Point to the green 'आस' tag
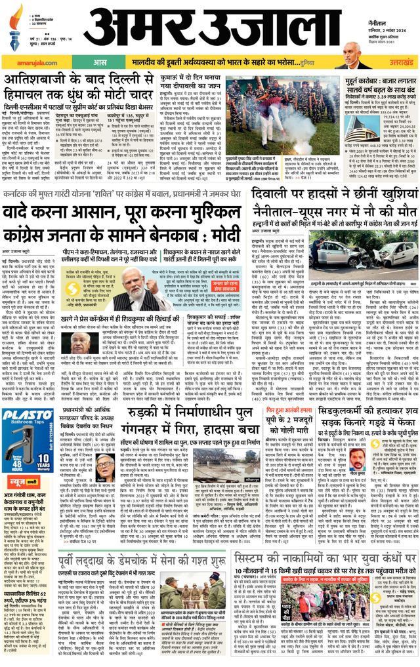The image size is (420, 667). coord(100,62)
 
